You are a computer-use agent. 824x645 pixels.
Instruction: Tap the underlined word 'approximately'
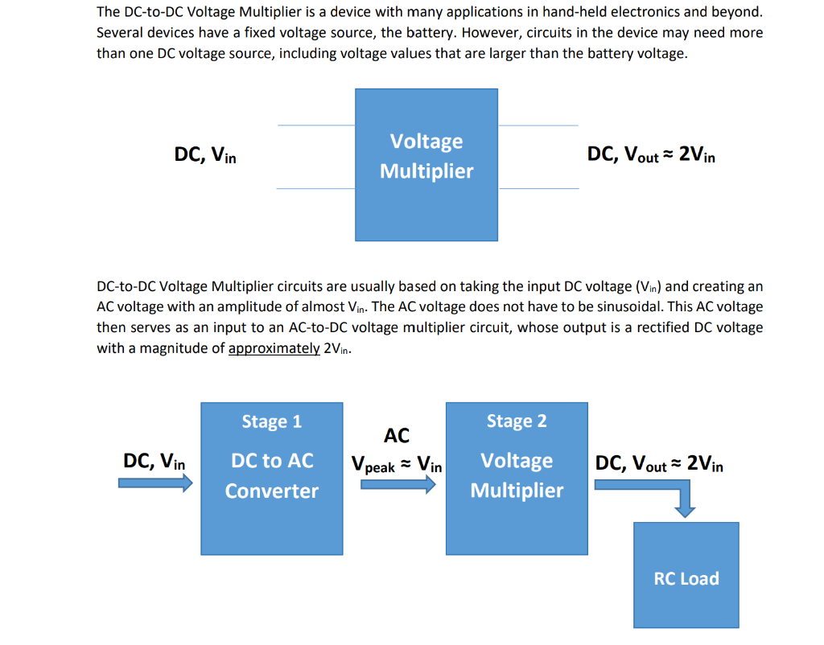point(274,349)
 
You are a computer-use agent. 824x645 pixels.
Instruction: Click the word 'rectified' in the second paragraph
point(666,328)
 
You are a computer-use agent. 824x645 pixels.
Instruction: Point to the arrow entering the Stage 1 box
point(155,483)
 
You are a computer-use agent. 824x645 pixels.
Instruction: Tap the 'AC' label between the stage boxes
point(397,436)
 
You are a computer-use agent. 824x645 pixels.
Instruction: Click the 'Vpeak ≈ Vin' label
point(397,465)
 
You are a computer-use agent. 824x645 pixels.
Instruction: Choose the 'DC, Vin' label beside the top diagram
point(205,154)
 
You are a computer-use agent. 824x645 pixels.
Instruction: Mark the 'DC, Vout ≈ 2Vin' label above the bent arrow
point(659,463)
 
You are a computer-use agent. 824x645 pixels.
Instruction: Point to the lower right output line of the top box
point(538,188)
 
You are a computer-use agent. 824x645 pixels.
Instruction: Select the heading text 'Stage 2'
point(517,421)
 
